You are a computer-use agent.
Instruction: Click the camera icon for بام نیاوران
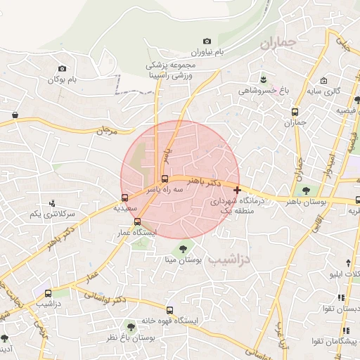pyautogui.click(x=207, y=42)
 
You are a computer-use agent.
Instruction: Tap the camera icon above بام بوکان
pyautogui.click(x=63, y=69)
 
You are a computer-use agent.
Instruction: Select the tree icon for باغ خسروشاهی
pyautogui.click(x=263, y=78)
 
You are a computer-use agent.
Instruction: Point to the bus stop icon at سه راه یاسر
pyautogui.click(x=165, y=179)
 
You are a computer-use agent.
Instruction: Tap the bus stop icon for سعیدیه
pyautogui.click(x=124, y=198)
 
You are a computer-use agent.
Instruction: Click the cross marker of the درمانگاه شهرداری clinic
pyautogui.click(x=237, y=190)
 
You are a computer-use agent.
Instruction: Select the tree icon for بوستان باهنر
pyautogui.click(x=305, y=190)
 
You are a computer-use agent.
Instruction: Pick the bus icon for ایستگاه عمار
pyautogui.click(x=137, y=221)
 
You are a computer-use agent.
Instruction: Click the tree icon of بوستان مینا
pyautogui.click(x=184, y=247)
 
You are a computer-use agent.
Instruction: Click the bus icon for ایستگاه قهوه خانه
pyautogui.click(x=169, y=310)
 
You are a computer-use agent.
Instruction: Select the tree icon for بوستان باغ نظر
pyautogui.click(x=129, y=326)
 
